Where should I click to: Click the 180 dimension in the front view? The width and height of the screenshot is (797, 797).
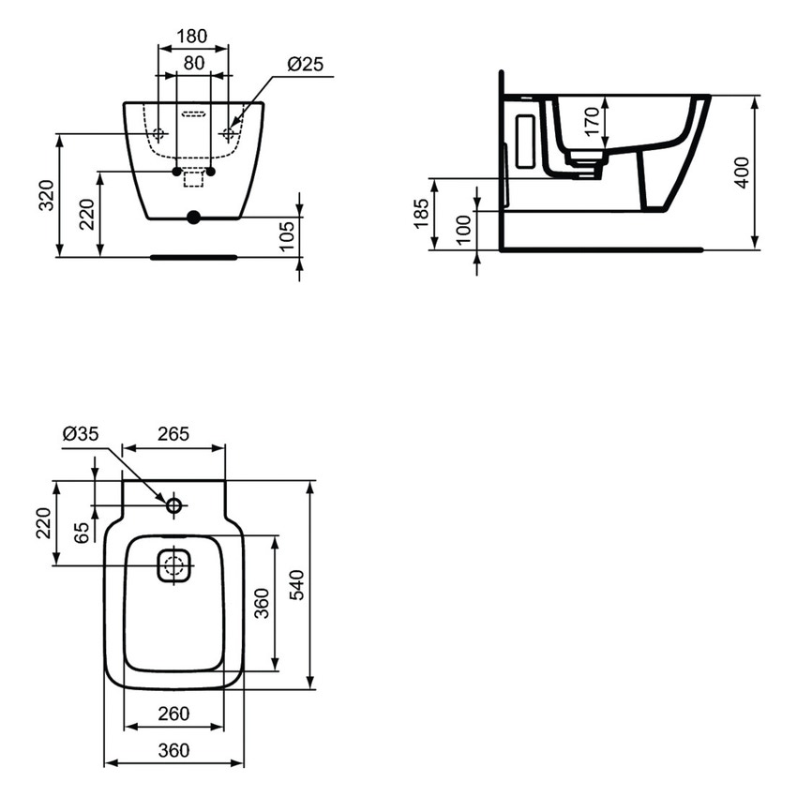click(x=192, y=37)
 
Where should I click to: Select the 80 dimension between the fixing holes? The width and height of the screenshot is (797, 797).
click(x=193, y=63)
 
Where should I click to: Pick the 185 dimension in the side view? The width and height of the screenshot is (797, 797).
click(x=421, y=214)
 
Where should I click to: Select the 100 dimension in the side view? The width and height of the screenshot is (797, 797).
click(x=463, y=231)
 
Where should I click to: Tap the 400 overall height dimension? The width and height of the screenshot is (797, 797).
click(x=742, y=173)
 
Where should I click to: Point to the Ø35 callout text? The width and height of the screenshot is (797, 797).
click(x=81, y=434)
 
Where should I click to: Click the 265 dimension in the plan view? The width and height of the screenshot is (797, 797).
click(x=173, y=434)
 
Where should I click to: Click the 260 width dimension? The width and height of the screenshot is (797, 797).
click(x=173, y=714)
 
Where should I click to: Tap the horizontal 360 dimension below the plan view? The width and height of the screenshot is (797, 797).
click(x=173, y=750)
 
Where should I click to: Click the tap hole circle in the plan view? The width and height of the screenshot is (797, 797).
click(x=173, y=506)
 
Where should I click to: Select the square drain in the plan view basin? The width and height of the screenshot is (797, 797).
click(x=173, y=565)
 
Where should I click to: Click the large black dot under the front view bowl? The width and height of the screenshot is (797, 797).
click(x=193, y=218)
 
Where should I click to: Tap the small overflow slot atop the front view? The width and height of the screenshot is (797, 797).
click(x=193, y=115)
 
